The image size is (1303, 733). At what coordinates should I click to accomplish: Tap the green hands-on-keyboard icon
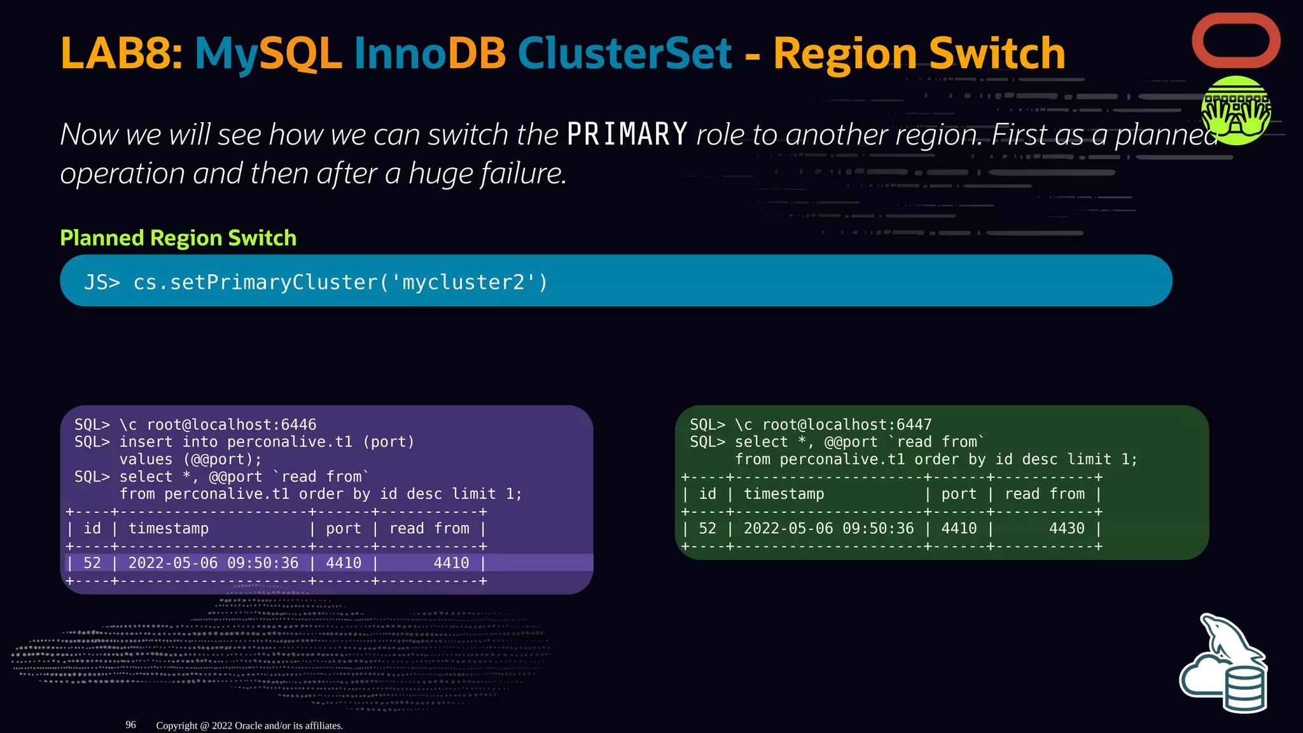1236,110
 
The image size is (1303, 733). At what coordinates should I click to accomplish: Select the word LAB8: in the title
122,53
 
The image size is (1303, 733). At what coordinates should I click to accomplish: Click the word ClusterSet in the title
624,53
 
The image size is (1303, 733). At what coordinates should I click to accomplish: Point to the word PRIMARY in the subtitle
627,135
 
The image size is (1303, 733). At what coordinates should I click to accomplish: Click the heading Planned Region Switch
178,238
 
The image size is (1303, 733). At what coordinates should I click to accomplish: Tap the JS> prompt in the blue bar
102,282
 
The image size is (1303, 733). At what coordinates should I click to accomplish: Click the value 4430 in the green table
1066,528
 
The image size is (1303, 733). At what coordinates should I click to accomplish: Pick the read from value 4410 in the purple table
451,563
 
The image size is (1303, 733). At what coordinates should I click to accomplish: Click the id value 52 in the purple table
92,563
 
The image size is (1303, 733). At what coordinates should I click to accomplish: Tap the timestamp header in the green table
784,494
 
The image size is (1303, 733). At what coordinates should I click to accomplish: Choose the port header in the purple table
343,529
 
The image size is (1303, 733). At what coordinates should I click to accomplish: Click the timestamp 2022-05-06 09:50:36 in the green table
828,528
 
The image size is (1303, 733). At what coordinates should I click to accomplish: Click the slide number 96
130,725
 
